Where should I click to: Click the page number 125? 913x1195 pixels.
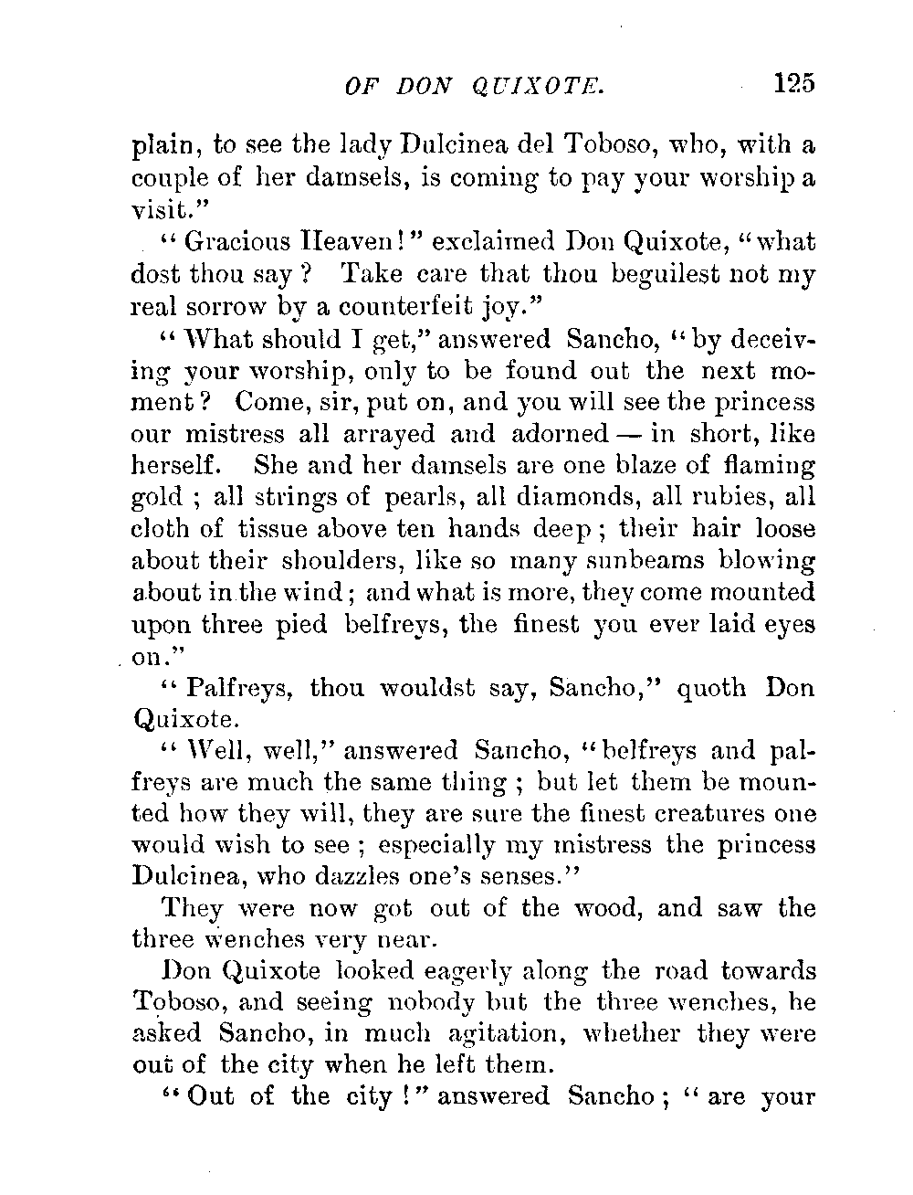[x=792, y=83]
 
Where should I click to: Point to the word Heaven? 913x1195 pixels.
[x=341, y=244]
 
